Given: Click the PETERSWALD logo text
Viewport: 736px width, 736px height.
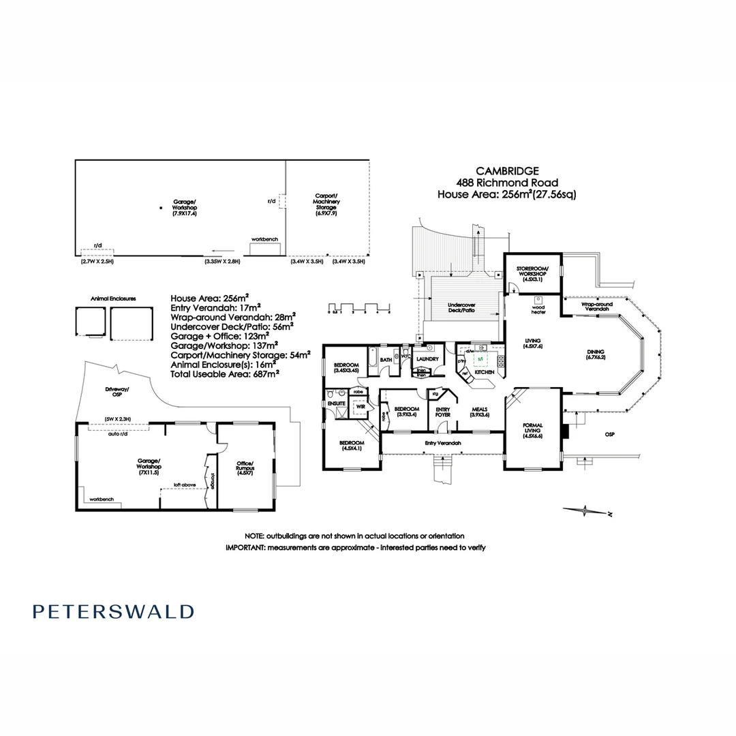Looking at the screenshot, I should [113, 611].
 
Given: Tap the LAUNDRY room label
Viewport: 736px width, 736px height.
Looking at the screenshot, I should [427, 359].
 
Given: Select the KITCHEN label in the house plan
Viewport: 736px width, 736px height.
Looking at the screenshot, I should [484, 373].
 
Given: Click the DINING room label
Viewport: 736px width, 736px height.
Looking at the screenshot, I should [596, 354].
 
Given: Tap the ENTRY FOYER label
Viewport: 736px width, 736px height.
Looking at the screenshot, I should [442, 412].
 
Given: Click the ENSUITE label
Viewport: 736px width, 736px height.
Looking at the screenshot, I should [337, 403].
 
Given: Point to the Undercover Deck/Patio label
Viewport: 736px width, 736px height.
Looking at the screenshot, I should [461, 307].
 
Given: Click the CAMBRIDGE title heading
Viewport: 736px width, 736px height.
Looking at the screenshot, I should [508, 171].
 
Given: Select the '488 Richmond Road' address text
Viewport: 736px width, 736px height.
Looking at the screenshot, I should [507, 183].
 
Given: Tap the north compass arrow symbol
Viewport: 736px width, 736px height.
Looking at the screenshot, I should [584, 510].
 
